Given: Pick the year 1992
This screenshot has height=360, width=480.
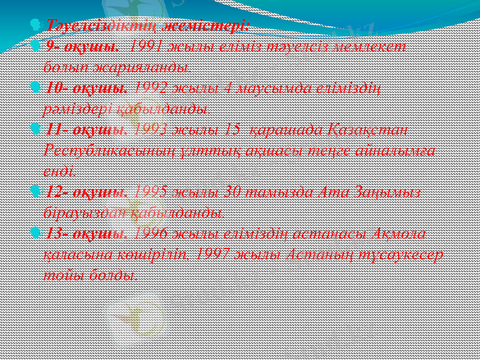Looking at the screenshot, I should coord(152,88).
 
